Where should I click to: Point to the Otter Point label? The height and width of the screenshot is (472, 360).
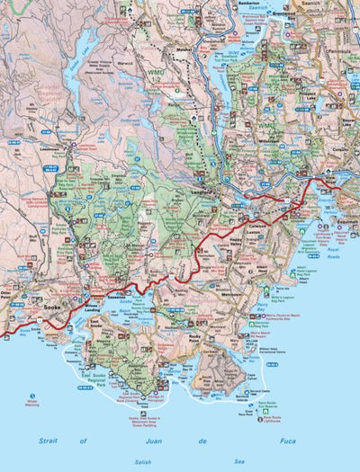click(11, 294)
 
